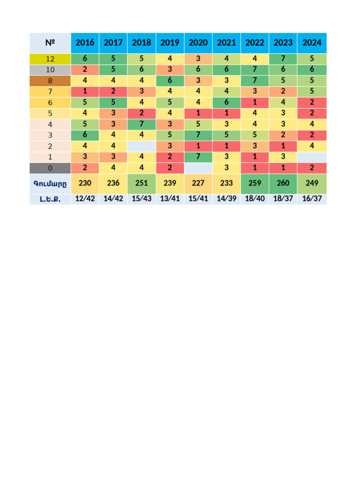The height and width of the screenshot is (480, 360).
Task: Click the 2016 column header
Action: (85, 43)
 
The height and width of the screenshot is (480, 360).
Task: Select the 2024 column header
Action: (312, 43)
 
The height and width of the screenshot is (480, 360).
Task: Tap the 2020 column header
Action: (198, 43)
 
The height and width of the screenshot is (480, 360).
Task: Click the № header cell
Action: (50, 43)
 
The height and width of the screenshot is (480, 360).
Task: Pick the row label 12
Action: (50, 59)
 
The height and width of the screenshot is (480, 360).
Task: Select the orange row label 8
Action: (50, 81)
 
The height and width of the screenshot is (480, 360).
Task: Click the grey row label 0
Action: (50, 168)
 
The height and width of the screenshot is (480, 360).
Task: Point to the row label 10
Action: (50, 70)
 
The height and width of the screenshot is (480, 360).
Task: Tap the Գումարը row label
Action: (50, 184)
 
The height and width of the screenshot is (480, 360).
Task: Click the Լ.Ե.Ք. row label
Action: (50, 199)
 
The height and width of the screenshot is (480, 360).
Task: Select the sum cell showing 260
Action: (283, 184)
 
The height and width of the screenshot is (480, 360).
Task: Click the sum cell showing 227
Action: (198, 184)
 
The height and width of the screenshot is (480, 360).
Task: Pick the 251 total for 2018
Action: (142, 184)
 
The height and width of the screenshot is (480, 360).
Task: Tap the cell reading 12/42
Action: (85, 199)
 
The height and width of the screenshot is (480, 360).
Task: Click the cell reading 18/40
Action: (255, 199)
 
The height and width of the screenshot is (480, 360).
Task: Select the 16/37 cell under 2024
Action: (312, 199)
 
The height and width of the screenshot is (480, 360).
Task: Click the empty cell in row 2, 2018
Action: (142, 146)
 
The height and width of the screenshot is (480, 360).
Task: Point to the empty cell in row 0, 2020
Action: (198, 168)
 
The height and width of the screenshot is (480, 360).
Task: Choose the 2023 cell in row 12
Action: (283, 59)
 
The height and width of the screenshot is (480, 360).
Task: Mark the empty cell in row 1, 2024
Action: (312, 157)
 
